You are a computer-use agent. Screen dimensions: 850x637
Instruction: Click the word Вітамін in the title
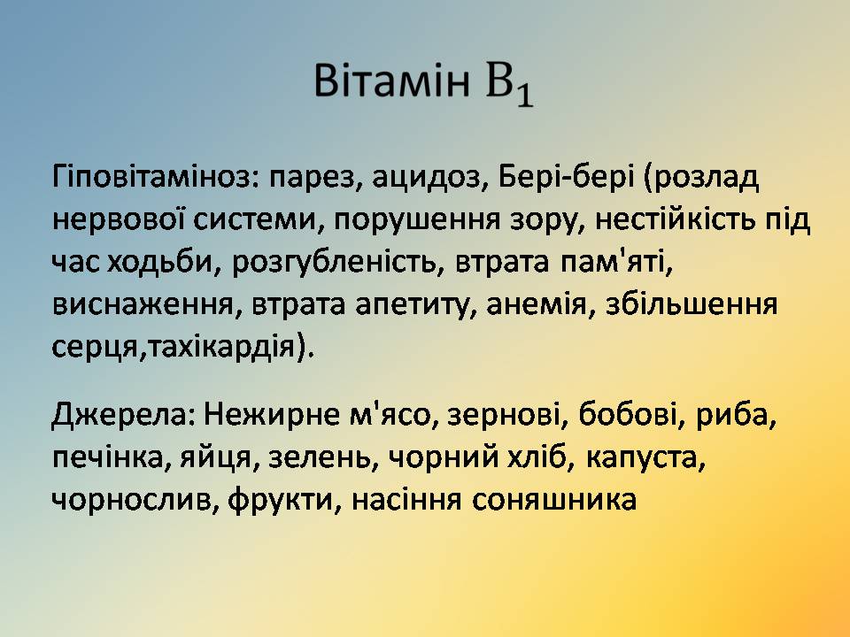[391, 81]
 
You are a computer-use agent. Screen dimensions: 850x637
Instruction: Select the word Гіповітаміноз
[150, 178]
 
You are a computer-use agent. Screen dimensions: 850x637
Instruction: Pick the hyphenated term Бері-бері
[566, 178]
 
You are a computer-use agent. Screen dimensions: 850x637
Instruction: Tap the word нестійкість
[675, 219]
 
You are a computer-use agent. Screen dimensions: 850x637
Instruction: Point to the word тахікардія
[222, 347]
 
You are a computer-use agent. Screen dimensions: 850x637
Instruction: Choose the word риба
[732, 416]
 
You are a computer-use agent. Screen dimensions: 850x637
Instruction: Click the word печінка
[107, 458]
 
